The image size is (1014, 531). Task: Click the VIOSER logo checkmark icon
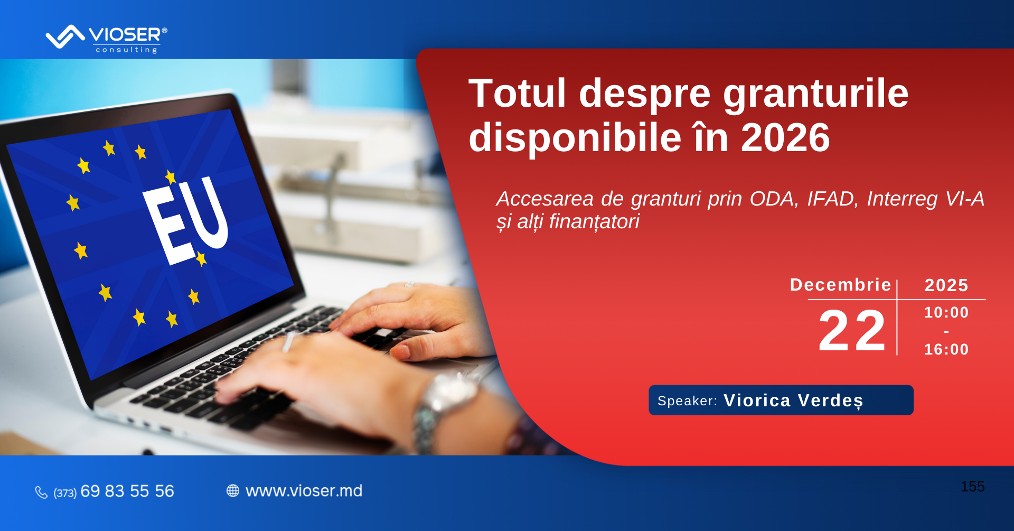pyautogui.click(x=65, y=36)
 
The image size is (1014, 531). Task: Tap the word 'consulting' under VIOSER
pyautogui.click(x=127, y=50)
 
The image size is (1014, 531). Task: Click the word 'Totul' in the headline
pyautogui.click(x=518, y=94)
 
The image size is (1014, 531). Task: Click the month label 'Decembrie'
pyautogui.click(x=840, y=285)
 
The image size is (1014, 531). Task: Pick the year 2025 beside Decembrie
pyautogui.click(x=946, y=285)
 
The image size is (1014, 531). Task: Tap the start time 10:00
pyautogui.click(x=946, y=312)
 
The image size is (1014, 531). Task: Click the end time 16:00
pyautogui.click(x=946, y=349)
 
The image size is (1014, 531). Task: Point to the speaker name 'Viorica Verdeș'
pyautogui.click(x=793, y=400)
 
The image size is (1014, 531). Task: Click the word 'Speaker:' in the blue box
pyautogui.click(x=687, y=401)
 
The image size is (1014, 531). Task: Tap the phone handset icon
pyautogui.click(x=41, y=492)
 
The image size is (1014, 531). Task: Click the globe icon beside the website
pyautogui.click(x=233, y=491)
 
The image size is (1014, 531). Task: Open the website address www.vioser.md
pyautogui.click(x=304, y=491)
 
